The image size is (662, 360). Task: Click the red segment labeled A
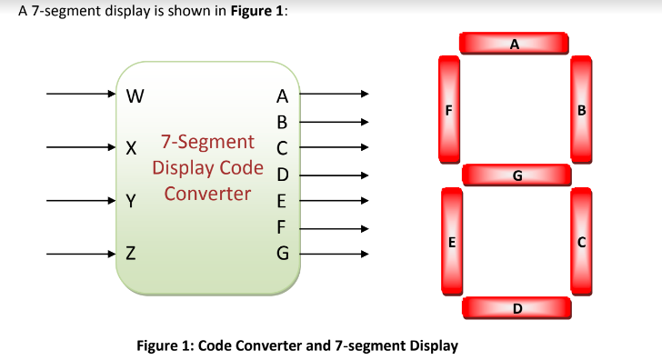(515, 44)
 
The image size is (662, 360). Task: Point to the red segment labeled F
(447, 112)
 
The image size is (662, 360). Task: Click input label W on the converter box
(135, 94)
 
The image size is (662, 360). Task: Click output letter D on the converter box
(281, 175)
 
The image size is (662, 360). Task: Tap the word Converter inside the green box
(207, 193)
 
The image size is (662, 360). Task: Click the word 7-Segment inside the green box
(207, 142)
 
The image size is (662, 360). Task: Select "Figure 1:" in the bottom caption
(164, 345)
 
